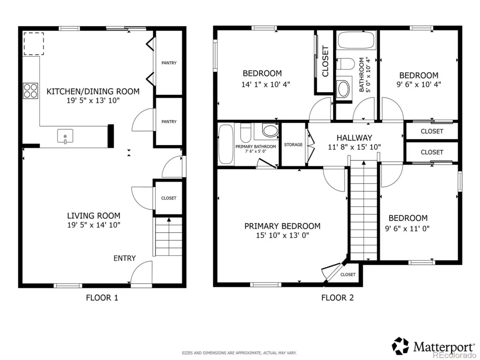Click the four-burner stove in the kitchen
pyautogui.click(x=30, y=91)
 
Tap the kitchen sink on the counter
pyautogui.click(x=65, y=136)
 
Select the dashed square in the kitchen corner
pyautogui.click(x=34, y=44)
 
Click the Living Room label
pyautogui.click(x=94, y=216)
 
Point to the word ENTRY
pyautogui.click(x=125, y=258)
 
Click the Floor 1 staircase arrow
pyautogui.click(x=169, y=236)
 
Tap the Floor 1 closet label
pyautogui.click(x=169, y=198)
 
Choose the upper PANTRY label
pyautogui.click(x=169, y=63)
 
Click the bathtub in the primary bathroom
pyautogui.click(x=226, y=144)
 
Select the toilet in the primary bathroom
pyautogui.click(x=246, y=133)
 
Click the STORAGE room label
pyautogui.click(x=293, y=145)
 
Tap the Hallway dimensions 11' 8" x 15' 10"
pyautogui.click(x=354, y=147)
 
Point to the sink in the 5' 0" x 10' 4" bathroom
pyautogui.click(x=344, y=89)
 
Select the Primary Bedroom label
pyautogui.click(x=282, y=226)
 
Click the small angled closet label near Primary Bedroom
pyautogui.click(x=348, y=274)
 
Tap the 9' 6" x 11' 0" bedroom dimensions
pyautogui.click(x=407, y=229)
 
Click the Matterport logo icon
pyautogui.click(x=400, y=346)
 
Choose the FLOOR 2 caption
pyautogui.click(x=338, y=298)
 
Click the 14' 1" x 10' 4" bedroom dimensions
pyautogui.click(x=266, y=84)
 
